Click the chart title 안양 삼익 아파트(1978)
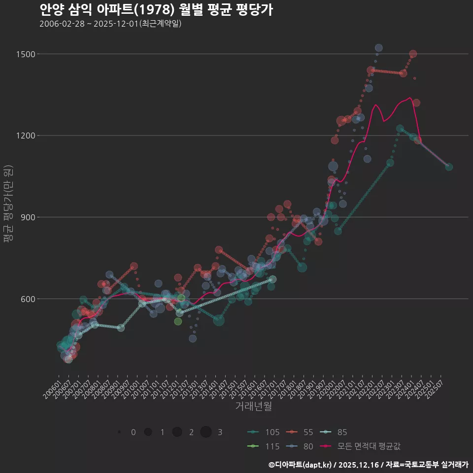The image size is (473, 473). (156, 10)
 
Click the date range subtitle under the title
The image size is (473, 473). (110, 24)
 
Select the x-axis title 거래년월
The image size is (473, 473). (254, 406)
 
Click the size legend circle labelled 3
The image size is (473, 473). (206, 432)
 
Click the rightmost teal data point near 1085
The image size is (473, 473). (449, 167)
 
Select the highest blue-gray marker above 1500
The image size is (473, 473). (378, 48)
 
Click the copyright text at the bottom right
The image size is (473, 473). (368, 465)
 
